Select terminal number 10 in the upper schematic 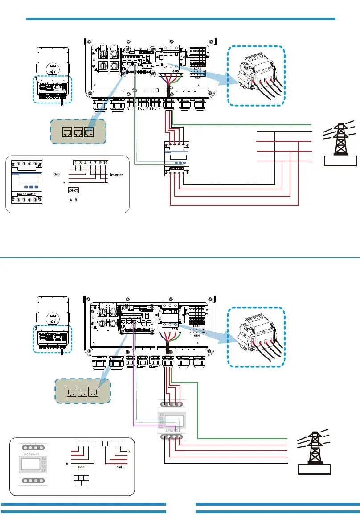[106, 163]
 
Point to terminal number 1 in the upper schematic [76, 163]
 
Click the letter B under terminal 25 [76, 199]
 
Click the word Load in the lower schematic [118, 467]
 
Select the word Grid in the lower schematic [82, 467]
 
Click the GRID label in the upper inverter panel [170, 71]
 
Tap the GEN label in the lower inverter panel [196, 336]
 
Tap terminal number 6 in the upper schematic [90, 163]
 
